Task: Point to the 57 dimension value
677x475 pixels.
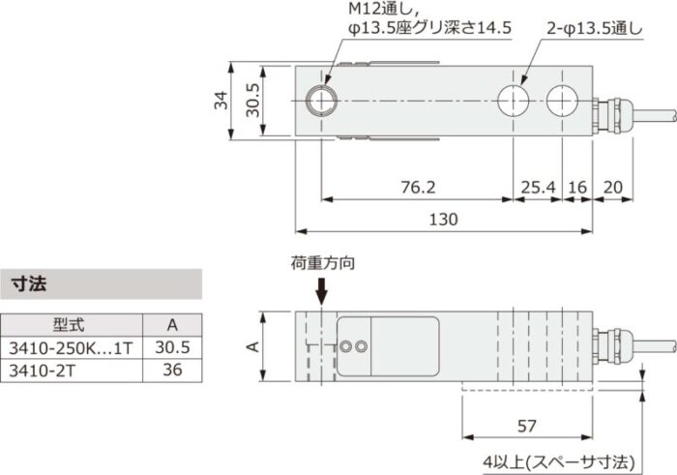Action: click(527, 425)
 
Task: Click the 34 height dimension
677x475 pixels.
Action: click(221, 101)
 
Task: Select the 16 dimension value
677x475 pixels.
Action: click(577, 186)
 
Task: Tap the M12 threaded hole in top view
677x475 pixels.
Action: click(320, 101)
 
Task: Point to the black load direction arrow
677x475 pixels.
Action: click(322, 291)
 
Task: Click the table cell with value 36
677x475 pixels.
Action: click(172, 370)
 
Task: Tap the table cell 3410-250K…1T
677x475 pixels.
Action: click(70, 347)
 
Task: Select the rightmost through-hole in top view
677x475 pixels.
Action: click(562, 101)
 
